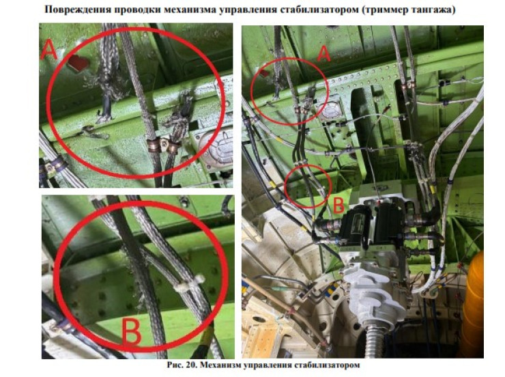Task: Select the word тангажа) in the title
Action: pyautogui.click(x=434, y=10)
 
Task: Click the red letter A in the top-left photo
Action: pyautogui.click(x=48, y=51)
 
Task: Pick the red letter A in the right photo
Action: pyautogui.click(x=323, y=53)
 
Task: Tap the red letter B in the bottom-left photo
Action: pyautogui.click(x=132, y=331)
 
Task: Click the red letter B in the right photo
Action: pyautogui.click(x=338, y=206)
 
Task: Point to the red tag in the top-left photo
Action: pyautogui.click(x=78, y=63)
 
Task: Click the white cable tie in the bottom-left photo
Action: pyautogui.click(x=190, y=282)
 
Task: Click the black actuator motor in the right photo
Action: pyautogui.click(x=371, y=227)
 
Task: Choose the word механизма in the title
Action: pyautogui.click(x=190, y=10)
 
